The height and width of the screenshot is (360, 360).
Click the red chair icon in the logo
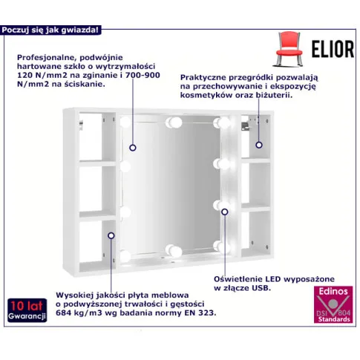tap(289, 49)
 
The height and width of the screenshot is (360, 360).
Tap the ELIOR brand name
tap(333, 49)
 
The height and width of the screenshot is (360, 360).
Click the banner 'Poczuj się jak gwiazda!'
tap(50, 30)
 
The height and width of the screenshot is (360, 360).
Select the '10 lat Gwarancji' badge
tap(27, 310)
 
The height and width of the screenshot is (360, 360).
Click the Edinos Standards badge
tap(333, 304)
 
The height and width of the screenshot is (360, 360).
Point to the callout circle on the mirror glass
tap(133, 148)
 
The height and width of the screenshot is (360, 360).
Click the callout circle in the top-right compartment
tap(259, 145)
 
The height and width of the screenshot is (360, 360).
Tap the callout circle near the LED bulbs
tap(225, 212)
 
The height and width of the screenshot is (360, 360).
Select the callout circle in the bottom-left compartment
tap(111, 235)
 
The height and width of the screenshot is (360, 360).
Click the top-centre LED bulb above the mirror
tap(174, 122)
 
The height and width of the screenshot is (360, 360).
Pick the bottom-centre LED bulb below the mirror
tap(174, 250)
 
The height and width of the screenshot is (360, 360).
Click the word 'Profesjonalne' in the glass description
tap(46, 58)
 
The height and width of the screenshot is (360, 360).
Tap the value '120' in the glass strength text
tap(23, 75)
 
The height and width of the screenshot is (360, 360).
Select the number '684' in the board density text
tap(62, 312)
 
